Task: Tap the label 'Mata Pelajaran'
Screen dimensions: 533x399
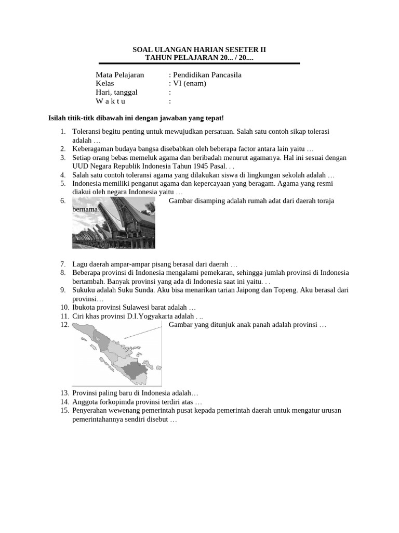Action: (120, 75)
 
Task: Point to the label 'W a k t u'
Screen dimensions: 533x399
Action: (111, 101)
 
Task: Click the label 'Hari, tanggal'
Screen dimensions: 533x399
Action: (117, 92)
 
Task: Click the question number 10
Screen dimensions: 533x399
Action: (64, 308)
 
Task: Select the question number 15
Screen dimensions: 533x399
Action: (64, 410)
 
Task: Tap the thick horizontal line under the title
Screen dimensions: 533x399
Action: (199, 64)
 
